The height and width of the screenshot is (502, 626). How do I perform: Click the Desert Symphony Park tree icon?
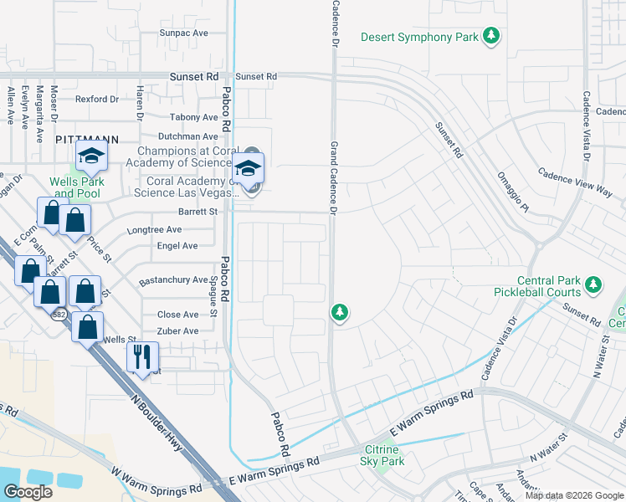494,36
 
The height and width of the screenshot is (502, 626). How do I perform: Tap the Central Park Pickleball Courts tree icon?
593,286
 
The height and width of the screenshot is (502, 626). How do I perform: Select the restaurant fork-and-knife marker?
141,357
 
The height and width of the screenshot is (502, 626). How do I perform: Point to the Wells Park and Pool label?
74,187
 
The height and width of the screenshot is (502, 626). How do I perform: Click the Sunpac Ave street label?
183,33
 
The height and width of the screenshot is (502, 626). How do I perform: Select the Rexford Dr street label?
97,99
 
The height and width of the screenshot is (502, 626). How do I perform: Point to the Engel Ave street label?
177,246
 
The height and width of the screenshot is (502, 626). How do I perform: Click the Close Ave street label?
178,315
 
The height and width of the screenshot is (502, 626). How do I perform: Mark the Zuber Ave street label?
177,331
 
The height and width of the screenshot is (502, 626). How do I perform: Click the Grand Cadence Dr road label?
333,179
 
